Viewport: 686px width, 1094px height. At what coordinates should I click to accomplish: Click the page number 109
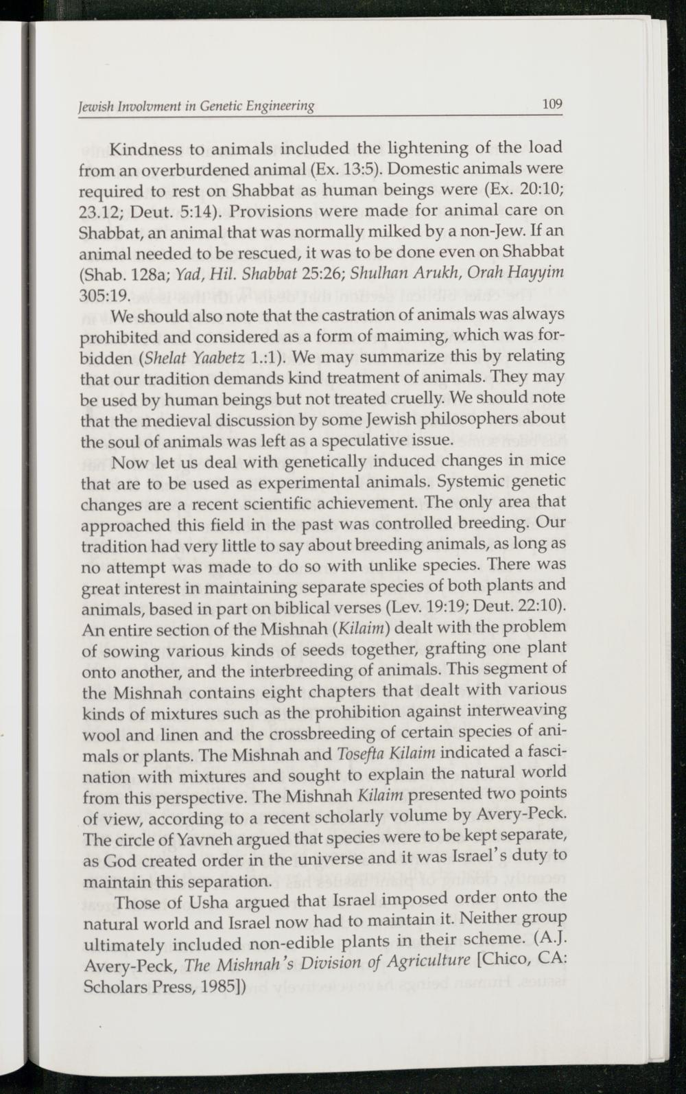[552, 104]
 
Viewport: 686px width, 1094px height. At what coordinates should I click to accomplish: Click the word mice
[549, 460]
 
